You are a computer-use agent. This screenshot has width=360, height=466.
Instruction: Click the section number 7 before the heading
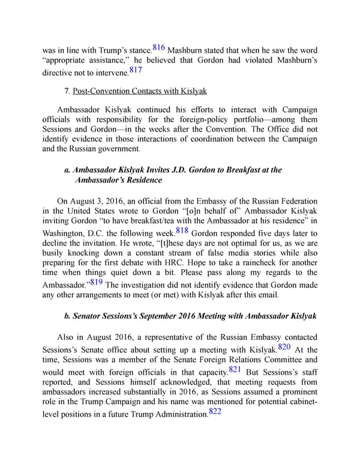66,91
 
